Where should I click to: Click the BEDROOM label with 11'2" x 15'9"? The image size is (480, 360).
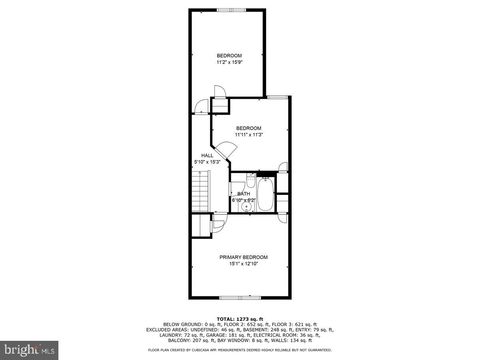(229, 55)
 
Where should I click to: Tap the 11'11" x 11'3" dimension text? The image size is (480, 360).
(248, 135)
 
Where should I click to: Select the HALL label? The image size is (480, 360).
(207, 155)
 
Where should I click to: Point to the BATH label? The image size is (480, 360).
(243, 194)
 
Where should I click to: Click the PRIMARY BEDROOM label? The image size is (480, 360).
(244, 258)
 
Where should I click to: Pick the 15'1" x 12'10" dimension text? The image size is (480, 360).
(244, 264)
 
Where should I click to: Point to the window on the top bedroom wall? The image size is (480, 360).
(229, 9)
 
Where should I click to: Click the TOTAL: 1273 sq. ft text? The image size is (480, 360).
(241, 317)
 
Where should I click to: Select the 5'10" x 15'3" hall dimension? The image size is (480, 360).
(207, 162)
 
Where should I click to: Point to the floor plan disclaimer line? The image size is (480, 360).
(240, 351)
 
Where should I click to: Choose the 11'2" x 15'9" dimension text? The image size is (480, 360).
(229, 62)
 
